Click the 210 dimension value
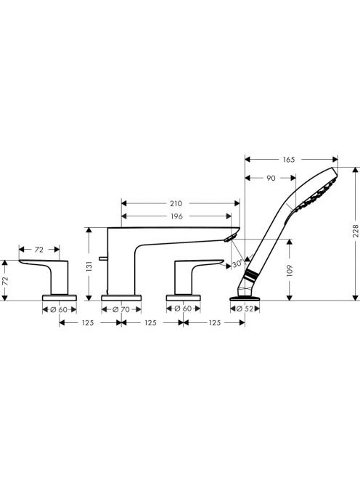pyautogui.click(x=176, y=203)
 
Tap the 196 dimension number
pyautogui.click(x=176, y=216)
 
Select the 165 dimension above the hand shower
pyautogui.click(x=288, y=160)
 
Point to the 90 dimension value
pyautogui.click(x=271, y=178)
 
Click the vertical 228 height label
pyautogui.click(x=356, y=231)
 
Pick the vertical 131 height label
pyautogui.click(x=89, y=266)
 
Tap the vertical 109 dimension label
pyautogui.click(x=290, y=271)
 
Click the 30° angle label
pyautogui.click(x=237, y=264)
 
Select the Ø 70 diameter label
pyautogui.click(x=121, y=309)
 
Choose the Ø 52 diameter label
pyautogui.click(x=245, y=309)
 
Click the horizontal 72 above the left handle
pyautogui.click(x=39, y=250)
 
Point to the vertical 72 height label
pyautogui.click(x=5, y=280)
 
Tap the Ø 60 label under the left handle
pyautogui.click(x=59, y=309)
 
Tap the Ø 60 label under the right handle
pyautogui.click(x=183, y=309)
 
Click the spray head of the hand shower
pyautogui.click(x=317, y=191)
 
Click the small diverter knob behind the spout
pyautogui.click(x=103, y=258)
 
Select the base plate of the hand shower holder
pyautogui.click(x=245, y=298)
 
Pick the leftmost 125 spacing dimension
pyautogui.click(x=88, y=323)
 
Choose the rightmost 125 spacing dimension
pyautogui.click(x=215, y=323)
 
